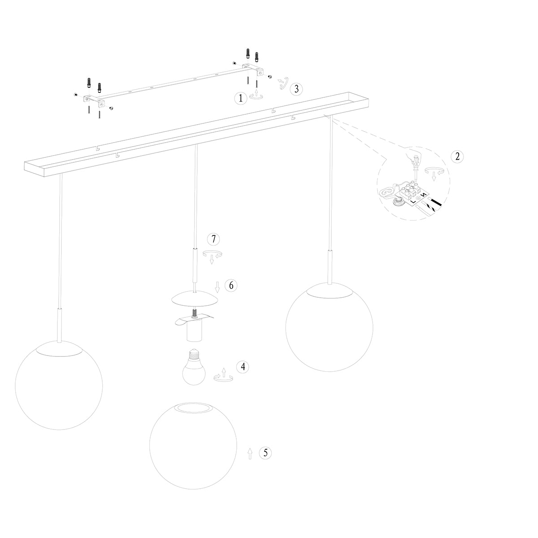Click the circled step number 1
[241, 98]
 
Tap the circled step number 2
[457, 156]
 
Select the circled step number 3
[295, 89]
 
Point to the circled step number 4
[243, 367]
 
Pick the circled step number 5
[265, 453]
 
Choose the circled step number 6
[230, 286]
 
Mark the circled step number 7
[213, 239]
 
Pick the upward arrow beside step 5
[250, 454]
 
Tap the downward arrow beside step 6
[217, 286]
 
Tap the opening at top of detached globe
[193, 408]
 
